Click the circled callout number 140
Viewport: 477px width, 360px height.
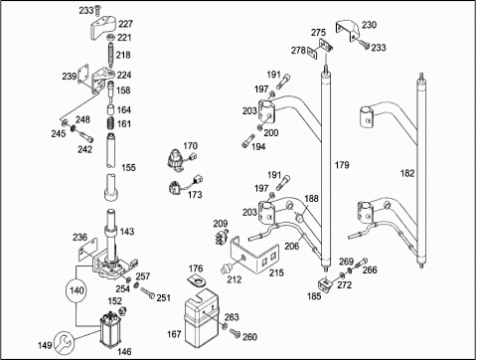[77, 290]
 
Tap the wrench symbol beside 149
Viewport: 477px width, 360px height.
[64, 342]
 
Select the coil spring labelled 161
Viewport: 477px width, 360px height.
[110, 123]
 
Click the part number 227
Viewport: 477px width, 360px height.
[125, 24]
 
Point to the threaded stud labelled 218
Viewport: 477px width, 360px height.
[110, 55]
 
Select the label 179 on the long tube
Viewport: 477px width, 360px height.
[342, 165]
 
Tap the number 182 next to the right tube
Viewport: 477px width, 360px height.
[407, 173]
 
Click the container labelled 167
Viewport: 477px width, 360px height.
[201, 317]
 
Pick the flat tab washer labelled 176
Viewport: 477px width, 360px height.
[197, 280]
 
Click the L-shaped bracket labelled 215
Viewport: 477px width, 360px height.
[254, 255]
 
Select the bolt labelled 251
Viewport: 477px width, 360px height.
[147, 292]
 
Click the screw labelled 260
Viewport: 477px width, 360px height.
[235, 333]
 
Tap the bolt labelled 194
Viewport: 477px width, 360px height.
[248, 141]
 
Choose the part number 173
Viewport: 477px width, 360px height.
[195, 195]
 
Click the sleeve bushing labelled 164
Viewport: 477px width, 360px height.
[110, 109]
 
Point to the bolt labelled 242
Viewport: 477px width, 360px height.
[86, 136]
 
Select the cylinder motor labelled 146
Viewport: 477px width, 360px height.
[110, 330]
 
